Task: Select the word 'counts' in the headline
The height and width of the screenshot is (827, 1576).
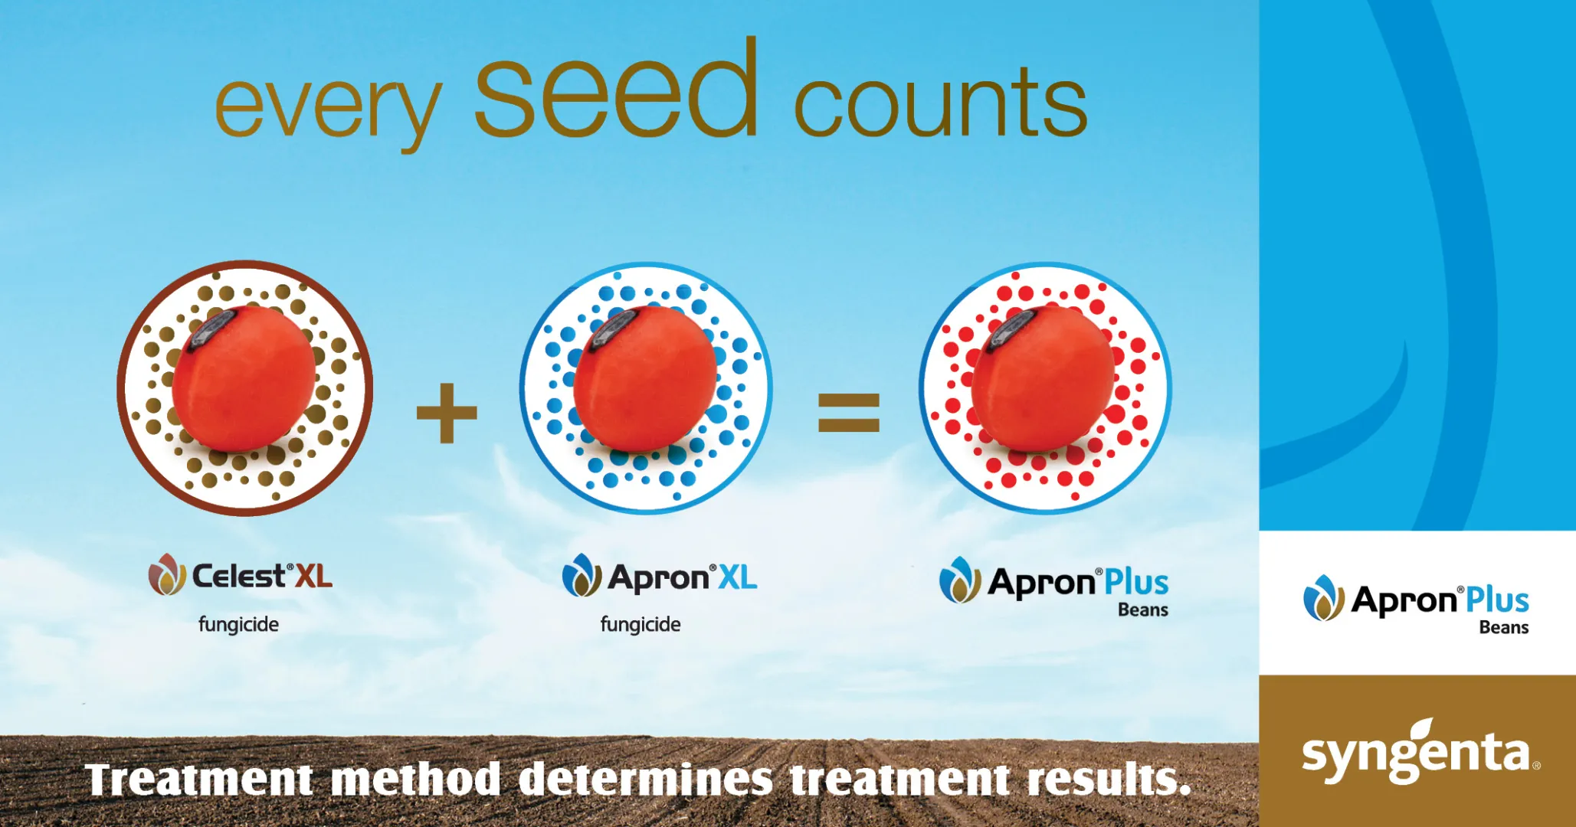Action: tap(940, 102)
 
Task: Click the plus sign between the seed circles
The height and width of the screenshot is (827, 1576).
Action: tap(447, 413)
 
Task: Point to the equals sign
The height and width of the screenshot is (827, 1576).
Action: tap(849, 412)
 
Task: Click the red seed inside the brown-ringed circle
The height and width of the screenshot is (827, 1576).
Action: tap(243, 378)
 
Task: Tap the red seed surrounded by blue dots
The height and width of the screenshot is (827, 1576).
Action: tap(645, 378)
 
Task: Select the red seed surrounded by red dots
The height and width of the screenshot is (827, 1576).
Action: tap(1043, 378)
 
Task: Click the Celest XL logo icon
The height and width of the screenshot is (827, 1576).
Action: tap(167, 574)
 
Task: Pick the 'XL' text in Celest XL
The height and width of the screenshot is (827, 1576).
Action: tap(314, 576)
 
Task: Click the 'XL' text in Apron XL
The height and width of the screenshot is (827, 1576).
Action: tap(738, 577)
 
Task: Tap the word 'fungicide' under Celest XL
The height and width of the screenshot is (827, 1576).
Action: tap(238, 625)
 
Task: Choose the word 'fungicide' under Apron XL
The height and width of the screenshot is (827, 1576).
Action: tap(641, 625)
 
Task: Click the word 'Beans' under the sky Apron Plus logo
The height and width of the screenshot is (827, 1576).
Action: tap(1143, 610)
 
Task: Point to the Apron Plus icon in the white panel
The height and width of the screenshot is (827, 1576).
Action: tap(1324, 597)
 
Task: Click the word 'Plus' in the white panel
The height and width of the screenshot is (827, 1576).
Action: tap(1498, 600)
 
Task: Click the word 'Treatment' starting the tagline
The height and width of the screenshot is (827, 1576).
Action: tap(199, 780)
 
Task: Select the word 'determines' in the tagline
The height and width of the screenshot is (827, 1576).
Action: tap(646, 780)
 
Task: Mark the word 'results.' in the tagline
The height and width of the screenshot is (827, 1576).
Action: tap(1109, 780)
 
